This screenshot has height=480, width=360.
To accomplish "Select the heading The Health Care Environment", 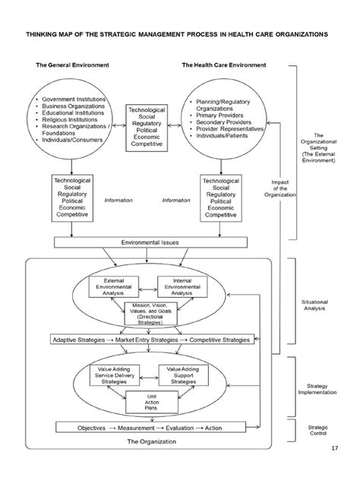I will (x=223, y=66).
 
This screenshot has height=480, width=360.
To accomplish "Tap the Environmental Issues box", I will (x=151, y=243).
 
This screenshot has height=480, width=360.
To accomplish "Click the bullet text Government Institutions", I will (x=75, y=99).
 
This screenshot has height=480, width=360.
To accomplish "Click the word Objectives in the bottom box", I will (x=78, y=428).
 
